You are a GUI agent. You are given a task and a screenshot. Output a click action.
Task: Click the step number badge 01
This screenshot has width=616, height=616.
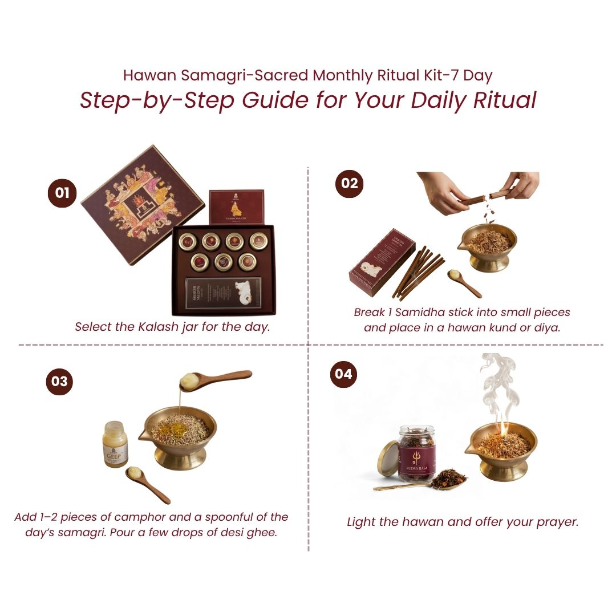coord(62,193)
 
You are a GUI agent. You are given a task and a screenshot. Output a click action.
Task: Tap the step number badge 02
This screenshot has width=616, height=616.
coord(349,183)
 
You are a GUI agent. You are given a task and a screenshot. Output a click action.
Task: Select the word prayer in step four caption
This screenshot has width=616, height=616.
coord(558,522)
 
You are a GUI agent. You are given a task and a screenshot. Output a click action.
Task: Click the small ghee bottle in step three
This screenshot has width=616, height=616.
coord(116,444)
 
